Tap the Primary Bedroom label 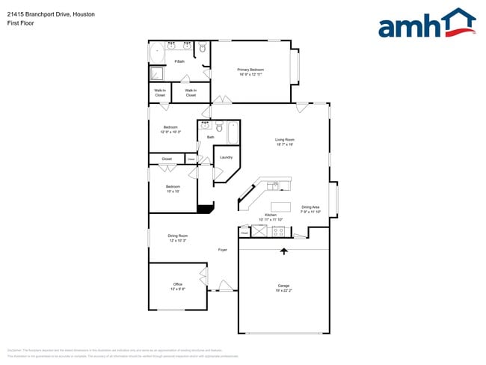(x=251, y=70)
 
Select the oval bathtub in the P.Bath (x=157, y=52)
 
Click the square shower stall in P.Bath (x=157, y=73)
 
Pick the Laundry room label (x=227, y=157)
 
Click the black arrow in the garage (x=283, y=252)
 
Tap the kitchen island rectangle (x=280, y=206)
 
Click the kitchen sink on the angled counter (x=274, y=185)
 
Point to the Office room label (x=178, y=284)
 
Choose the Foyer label (x=222, y=250)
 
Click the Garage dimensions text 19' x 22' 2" (x=284, y=290)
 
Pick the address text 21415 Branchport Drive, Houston (x=51, y=13)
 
